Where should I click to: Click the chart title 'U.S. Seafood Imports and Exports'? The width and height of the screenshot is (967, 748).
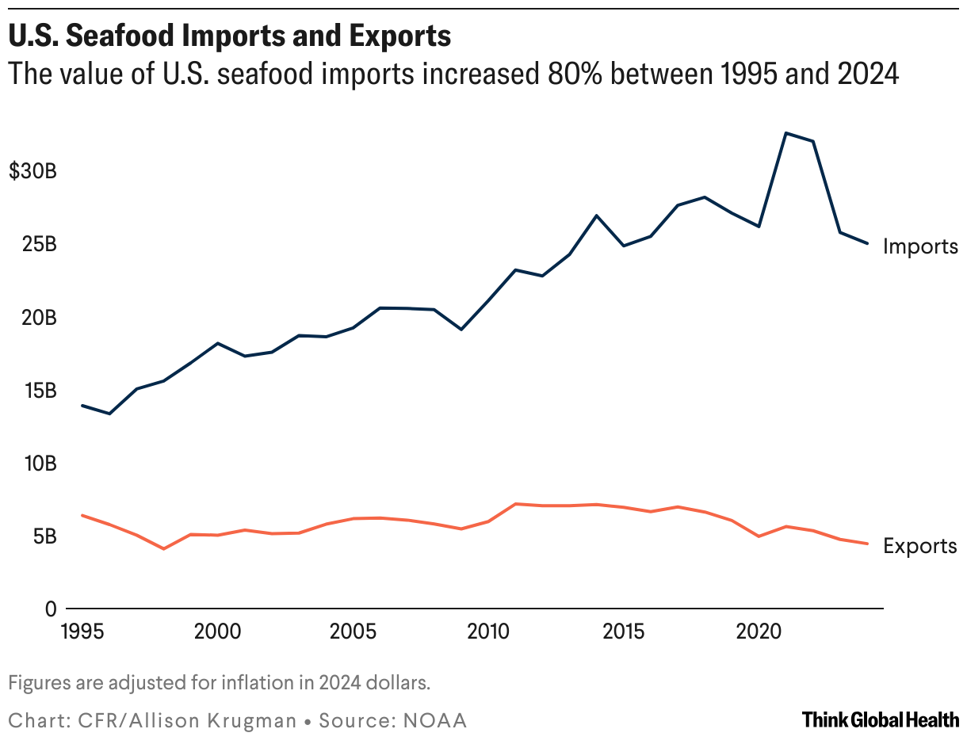pyautogui.click(x=230, y=36)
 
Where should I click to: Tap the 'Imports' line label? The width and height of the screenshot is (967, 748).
pyautogui.click(x=920, y=246)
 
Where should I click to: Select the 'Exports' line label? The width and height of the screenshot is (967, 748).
pyautogui.click(x=919, y=546)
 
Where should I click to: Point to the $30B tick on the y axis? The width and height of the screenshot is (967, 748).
pyautogui.click(x=32, y=171)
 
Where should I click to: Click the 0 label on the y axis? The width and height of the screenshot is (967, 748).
pyautogui.click(x=51, y=609)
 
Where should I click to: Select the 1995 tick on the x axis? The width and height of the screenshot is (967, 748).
pyautogui.click(x=83, y=632)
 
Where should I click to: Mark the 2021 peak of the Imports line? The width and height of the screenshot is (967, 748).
pyautogui.click(x=785, y=133)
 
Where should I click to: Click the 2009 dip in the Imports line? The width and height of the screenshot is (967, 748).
pyautogui.click(x=461, y=329)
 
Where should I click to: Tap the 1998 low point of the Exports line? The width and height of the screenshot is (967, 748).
pyautogui.click(x=164, y=548)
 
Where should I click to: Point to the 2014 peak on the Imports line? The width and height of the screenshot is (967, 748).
pyautogui.click(x=596, y=216)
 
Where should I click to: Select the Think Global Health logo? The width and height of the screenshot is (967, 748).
pyautogui.click(x=880, y=719)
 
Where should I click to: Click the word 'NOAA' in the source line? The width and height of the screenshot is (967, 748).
pyautogui.click(x=436, y=720)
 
